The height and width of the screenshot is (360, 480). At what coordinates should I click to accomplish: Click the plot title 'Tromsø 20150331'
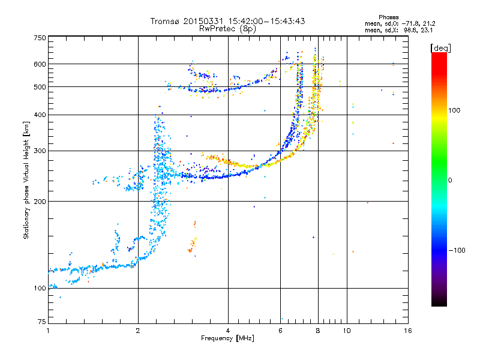(x=187, y=21)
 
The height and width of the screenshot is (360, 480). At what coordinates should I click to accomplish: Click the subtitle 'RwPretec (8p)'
(x=227, y=29)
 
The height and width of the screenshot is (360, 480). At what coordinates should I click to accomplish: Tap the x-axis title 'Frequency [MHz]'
(x=227, y=338)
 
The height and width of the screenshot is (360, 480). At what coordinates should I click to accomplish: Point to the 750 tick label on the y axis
(x=40, y=38)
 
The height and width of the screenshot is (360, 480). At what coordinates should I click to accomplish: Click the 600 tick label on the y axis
(x=40, y=64)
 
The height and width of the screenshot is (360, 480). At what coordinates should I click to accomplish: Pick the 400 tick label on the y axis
(x=40, y=115)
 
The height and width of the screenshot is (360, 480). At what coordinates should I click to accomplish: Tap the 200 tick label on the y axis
(x=40, y=202)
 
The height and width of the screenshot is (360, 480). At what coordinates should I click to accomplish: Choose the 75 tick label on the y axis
(x=42, y=322)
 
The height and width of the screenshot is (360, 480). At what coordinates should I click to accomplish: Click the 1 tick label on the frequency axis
(x=48, y=331)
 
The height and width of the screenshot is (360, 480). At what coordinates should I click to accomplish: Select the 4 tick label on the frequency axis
(x=228, y=331)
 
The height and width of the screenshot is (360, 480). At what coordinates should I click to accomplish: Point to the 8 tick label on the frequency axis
(x=318, y=331)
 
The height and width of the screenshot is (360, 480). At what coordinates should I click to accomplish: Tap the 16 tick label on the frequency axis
(x=408, y=331)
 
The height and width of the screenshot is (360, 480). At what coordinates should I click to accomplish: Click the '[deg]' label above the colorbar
(x=440, y=48)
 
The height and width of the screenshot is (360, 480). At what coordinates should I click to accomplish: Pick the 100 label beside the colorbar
(x=454, y=110)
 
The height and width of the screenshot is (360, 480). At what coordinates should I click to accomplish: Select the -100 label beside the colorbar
(x=457, y=250)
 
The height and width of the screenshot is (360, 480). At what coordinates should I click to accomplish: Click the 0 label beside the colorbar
(x=450, y=181)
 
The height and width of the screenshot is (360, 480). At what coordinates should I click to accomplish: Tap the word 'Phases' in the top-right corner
(x=388, y=17)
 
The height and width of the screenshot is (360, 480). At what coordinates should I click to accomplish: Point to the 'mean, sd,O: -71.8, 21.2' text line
(x=400, y=23)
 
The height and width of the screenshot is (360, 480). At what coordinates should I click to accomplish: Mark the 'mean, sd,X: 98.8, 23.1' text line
(x=399, y=30)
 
